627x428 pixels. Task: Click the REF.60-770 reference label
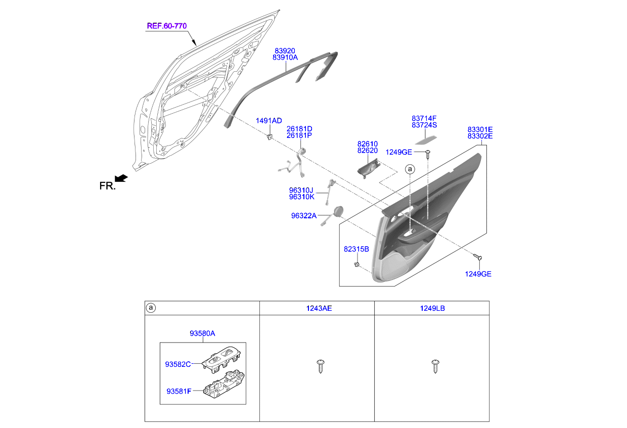click(163, 26)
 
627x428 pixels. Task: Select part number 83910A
click(285, 58)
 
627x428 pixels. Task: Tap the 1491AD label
click(268, 121)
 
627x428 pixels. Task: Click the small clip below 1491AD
click(270, 136)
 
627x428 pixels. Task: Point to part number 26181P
click(299, 135)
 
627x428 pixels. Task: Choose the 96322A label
click(303, 216)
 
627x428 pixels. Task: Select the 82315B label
click(356, 249)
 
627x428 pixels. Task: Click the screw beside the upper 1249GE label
click(428, 153)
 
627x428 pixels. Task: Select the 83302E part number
click(480, 136)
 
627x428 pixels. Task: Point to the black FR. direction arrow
click(121, 178)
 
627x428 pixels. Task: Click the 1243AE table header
click(319, 308)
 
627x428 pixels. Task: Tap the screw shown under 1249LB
click(434, 366)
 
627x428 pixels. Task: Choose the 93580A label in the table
click(202, 333)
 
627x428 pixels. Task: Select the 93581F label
click(179, 391)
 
